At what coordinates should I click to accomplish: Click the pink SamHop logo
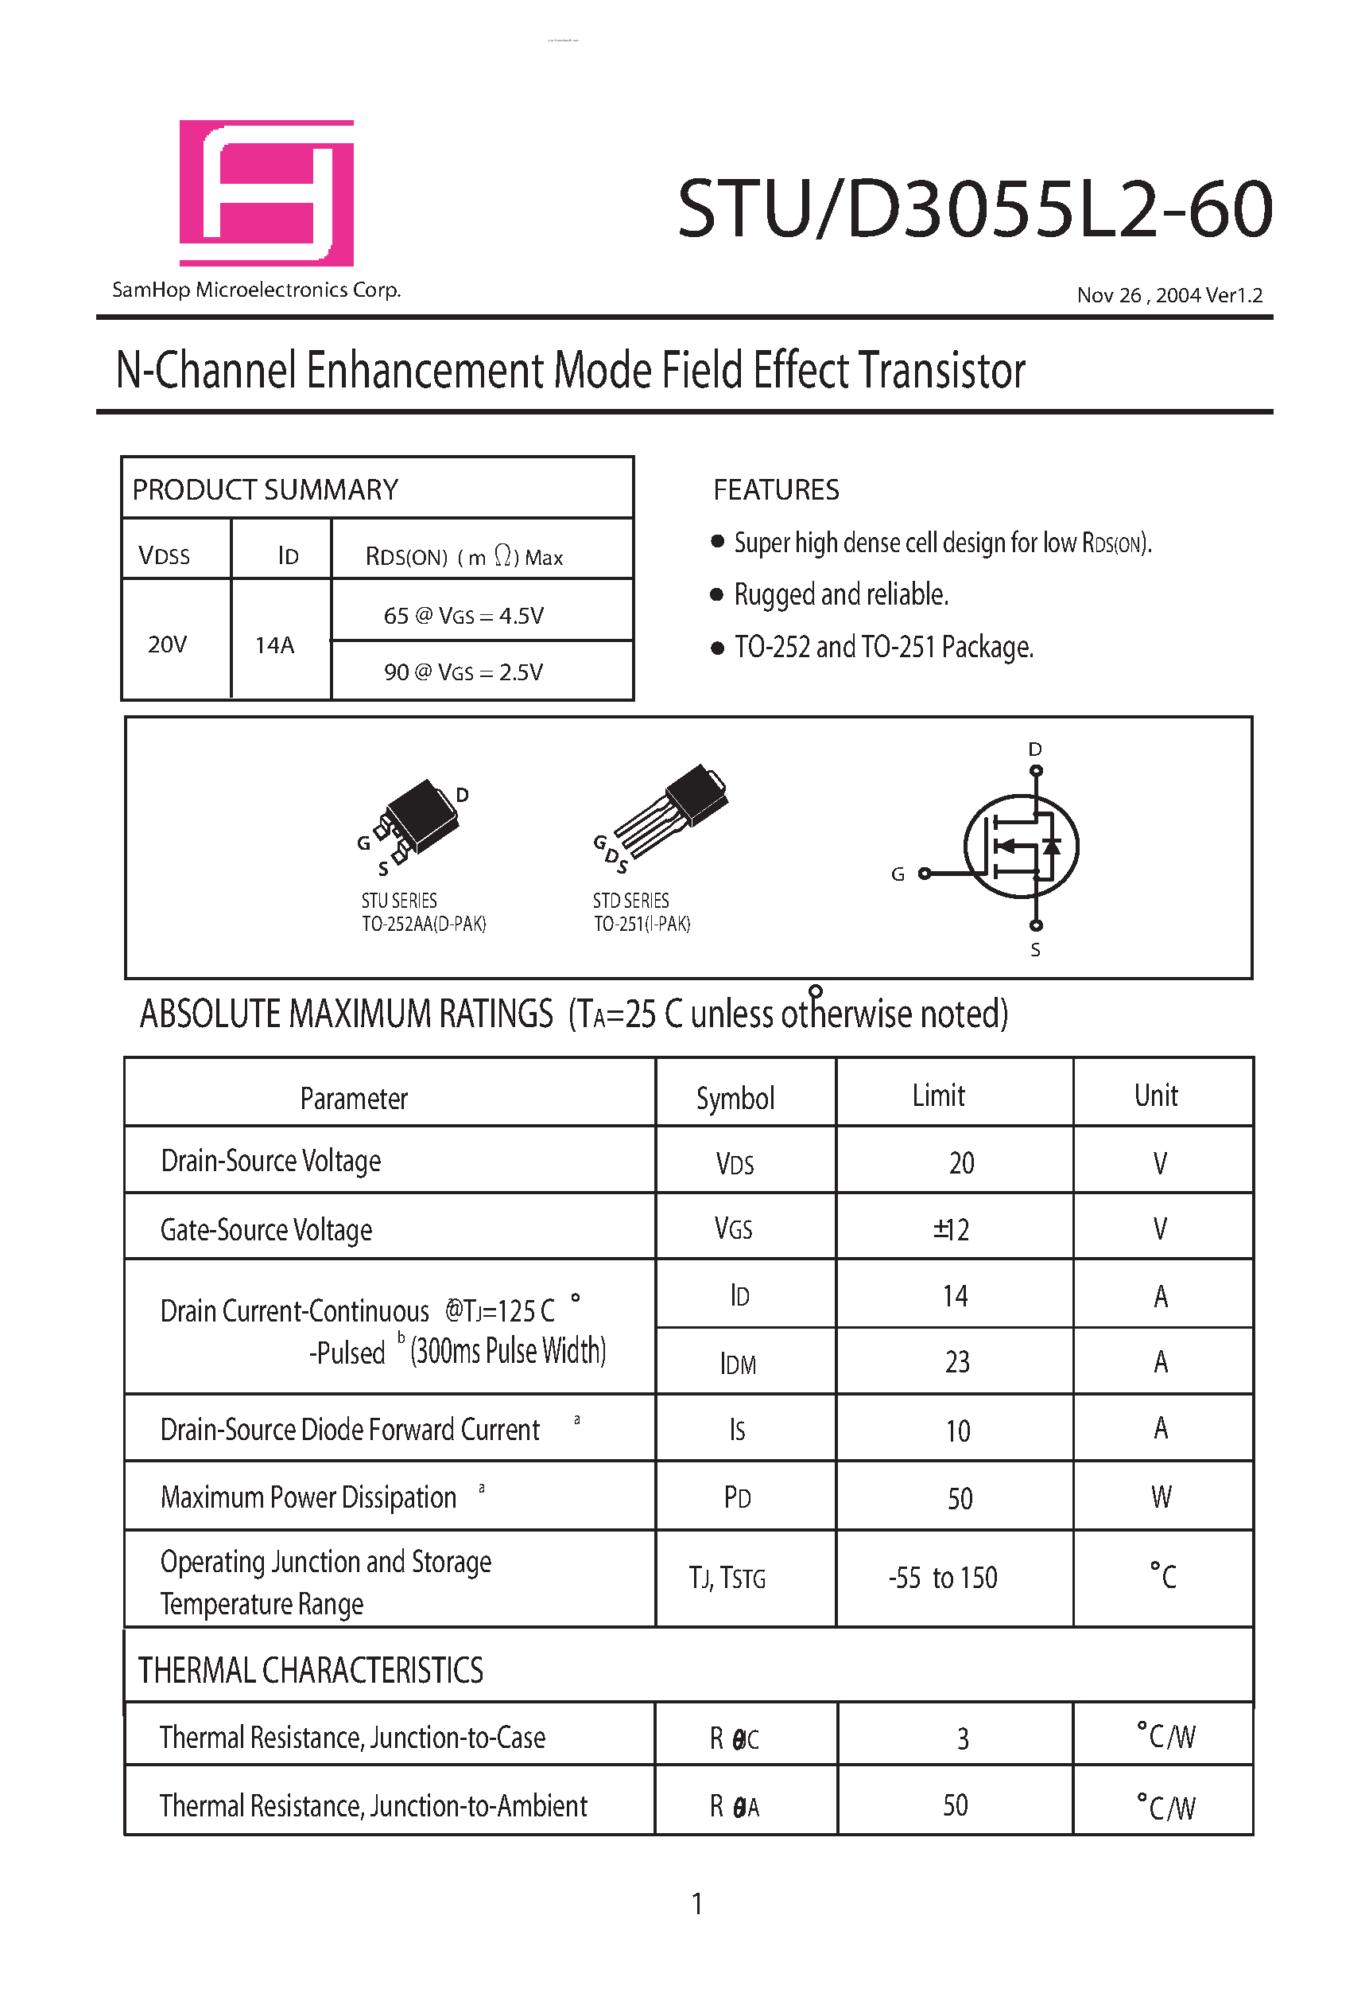[x=266, y=193]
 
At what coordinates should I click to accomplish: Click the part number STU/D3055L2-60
[x=974, y=208]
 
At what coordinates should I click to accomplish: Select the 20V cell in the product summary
[x=167, y=644]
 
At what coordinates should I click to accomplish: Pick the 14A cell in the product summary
[x=275, y=644]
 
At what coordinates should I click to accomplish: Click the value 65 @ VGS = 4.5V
[x=463, y=615]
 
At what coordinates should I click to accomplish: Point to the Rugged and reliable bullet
[x=840, y=594]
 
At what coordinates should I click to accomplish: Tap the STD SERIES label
[x=630, y=901]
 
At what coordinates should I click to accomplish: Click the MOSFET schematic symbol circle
[x=1021, y=847]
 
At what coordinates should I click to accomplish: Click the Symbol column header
[x=735, y=1097]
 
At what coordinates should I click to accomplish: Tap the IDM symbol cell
[x=738, y=1364]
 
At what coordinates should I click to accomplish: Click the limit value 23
[x=956, y=1362]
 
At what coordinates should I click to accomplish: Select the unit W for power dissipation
[x=1162, y=1497]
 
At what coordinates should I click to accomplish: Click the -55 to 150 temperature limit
[x=943, y=1578]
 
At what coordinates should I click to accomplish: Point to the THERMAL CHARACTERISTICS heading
[x=311, y=1670]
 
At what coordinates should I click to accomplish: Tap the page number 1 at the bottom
[x=697, y=1903]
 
